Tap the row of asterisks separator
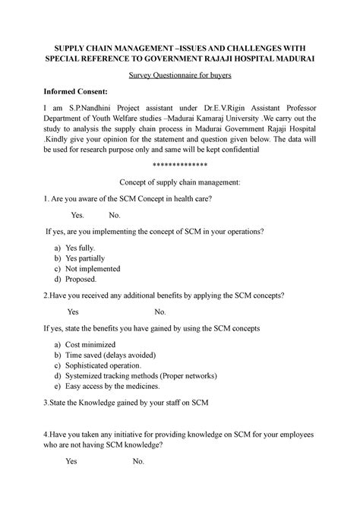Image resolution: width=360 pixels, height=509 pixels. [180, 165]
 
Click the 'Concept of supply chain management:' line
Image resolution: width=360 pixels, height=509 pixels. [180, 182]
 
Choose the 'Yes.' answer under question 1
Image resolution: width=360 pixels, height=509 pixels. [77, 214]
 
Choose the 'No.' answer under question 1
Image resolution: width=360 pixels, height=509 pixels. [115, 214]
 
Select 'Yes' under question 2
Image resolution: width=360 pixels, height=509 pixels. [73, 311]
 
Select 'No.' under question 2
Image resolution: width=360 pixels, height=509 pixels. [160, 311]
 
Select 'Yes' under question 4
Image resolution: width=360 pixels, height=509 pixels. [71, 461]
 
